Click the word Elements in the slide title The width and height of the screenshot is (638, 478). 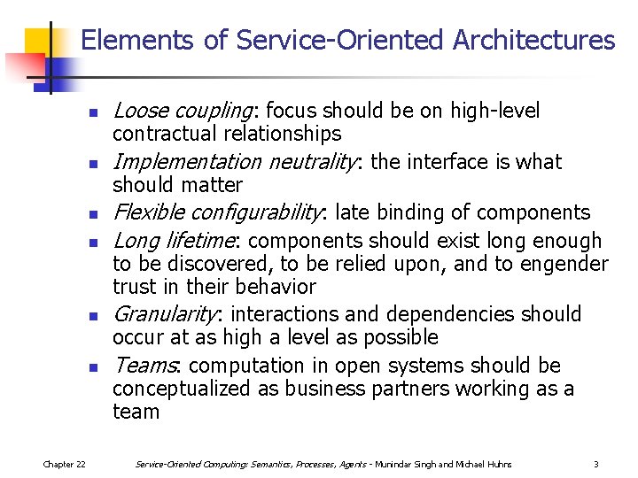(x=124, y=41)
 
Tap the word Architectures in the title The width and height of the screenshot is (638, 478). (x=533, y=41)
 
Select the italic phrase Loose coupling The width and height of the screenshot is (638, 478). (x=183, y=111)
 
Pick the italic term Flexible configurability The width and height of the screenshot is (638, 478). (x=218, y=212)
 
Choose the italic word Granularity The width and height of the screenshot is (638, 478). (x=165, y=314)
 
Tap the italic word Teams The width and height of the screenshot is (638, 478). (x=146, y=366)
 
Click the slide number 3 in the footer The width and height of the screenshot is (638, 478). (x=596, y=464)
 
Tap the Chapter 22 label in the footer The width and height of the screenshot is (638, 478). (x=65, y=464)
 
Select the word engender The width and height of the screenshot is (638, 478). (x=567, y=264)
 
